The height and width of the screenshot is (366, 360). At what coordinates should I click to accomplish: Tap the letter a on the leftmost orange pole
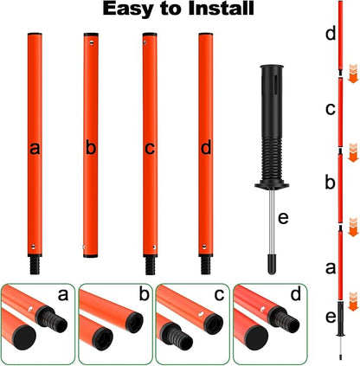pyautogui.click(x=35, y=148)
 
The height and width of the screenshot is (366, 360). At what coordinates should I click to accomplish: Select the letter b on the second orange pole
pyautogui.click(x=90, y=148)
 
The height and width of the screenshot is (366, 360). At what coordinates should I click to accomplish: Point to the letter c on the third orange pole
pyautogui.click(x=149, y=148)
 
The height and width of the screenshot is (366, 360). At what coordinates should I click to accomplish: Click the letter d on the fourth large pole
pyautogui.click(x=205, y=148)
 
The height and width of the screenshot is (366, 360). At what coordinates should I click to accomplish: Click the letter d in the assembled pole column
pyautogui.click(x=330, y=35)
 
